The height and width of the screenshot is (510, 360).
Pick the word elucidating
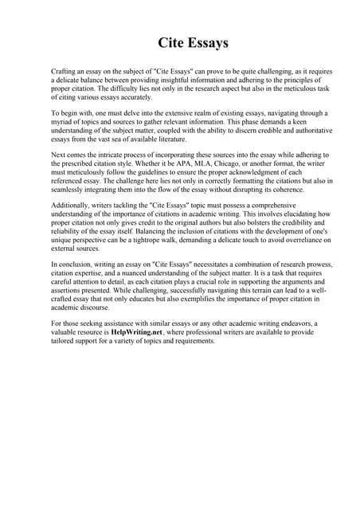286,204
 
